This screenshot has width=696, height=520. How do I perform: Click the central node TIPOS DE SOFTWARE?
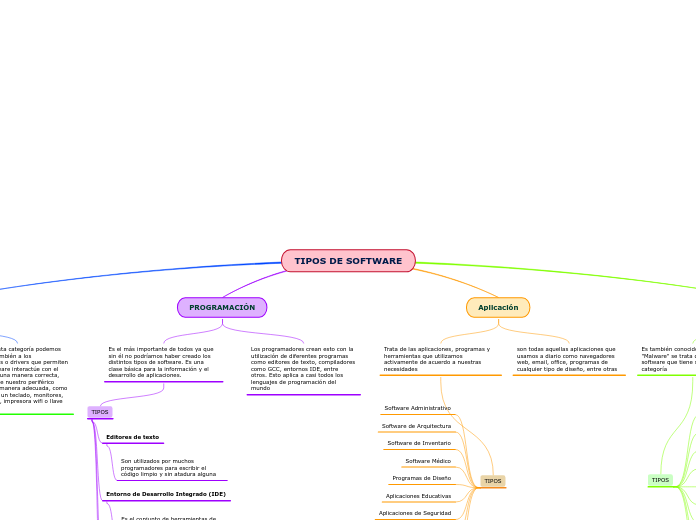tap(348, 261)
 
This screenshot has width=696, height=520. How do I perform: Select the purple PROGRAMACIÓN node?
tap(222, 308)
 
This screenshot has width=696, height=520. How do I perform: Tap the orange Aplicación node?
tap(498, 308)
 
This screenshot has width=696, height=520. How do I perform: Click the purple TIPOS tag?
tap(100, 412)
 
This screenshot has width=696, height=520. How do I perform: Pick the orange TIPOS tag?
tap(493, 481)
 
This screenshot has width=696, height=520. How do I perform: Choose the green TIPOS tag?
tap(660, 480)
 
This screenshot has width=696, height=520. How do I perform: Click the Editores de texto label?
tap(132, 437)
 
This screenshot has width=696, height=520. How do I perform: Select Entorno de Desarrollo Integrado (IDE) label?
tap(166, 494)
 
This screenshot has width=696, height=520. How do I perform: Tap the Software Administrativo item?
tap(417, 408)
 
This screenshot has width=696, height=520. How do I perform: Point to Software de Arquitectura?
tap(416, 426)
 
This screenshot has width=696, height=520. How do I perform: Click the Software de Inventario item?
tap(419, 443)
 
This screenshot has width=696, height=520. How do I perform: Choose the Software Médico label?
tap(428, 461)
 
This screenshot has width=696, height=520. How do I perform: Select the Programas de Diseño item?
tap(422, 478)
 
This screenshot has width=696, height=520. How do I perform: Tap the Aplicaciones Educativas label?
tap(418, 496)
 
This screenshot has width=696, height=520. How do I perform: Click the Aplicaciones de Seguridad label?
tap(415, 513)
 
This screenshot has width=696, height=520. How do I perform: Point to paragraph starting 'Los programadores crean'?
tap(303, 368)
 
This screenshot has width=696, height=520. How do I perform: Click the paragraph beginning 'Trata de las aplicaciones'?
tap(437, 359)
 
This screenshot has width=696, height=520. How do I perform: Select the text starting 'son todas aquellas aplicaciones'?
tap(567, 359)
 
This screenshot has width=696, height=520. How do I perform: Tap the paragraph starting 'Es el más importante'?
tap(161, 362)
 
